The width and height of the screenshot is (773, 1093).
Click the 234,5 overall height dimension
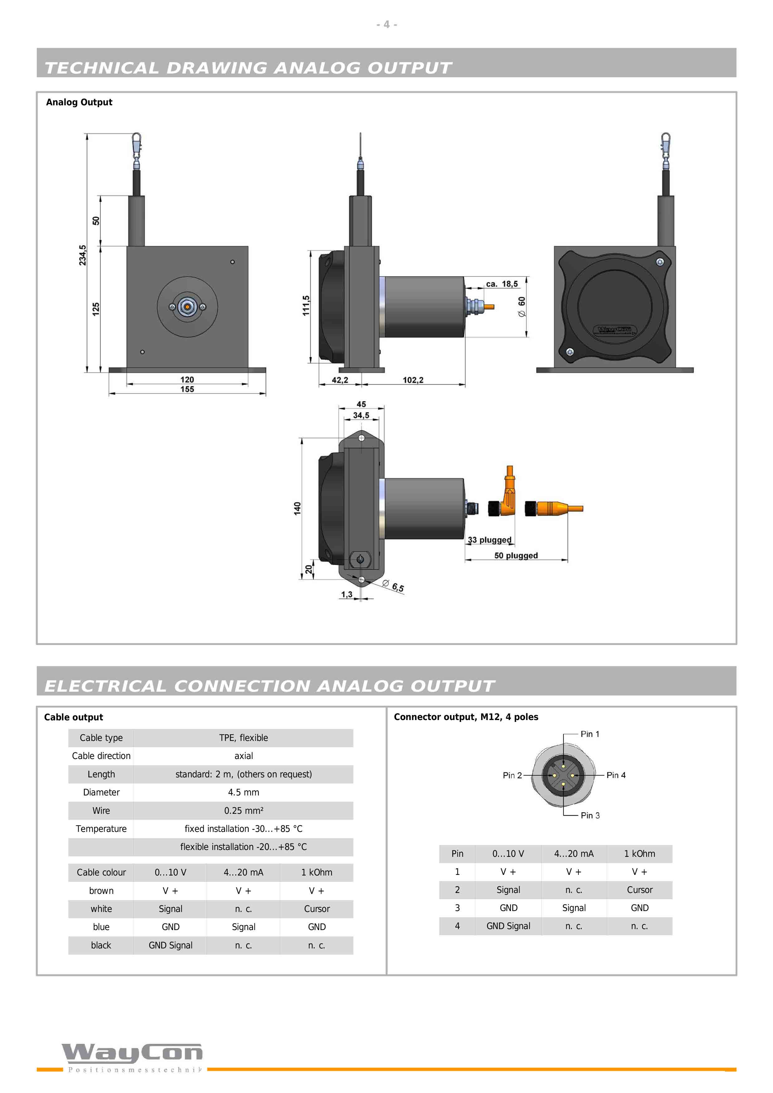(82, 255)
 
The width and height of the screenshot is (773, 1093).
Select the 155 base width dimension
(187, 389)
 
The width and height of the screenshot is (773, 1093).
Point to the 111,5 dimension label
(306, 306)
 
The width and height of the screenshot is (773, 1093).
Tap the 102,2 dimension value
(413, 380)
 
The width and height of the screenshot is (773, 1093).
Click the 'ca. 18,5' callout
(502, 284)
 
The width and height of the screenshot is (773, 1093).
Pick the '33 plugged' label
(490, 540)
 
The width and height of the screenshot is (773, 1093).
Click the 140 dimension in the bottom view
(297, 508)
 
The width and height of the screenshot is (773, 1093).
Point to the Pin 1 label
(590, 734)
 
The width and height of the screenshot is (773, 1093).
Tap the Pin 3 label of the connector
(590, 815)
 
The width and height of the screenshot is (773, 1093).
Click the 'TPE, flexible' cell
(244, 738)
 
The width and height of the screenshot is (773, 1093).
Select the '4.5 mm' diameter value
(244, 792)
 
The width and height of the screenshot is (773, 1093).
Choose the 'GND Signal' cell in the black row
(171, 945)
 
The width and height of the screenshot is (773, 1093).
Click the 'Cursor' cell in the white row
(317, 909)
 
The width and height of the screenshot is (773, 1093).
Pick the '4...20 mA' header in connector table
(574, 853)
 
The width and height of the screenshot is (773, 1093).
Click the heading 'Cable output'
(73, 718)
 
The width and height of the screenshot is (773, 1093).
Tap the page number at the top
(387, 24)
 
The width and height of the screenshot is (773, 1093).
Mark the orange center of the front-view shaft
(187, 307)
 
